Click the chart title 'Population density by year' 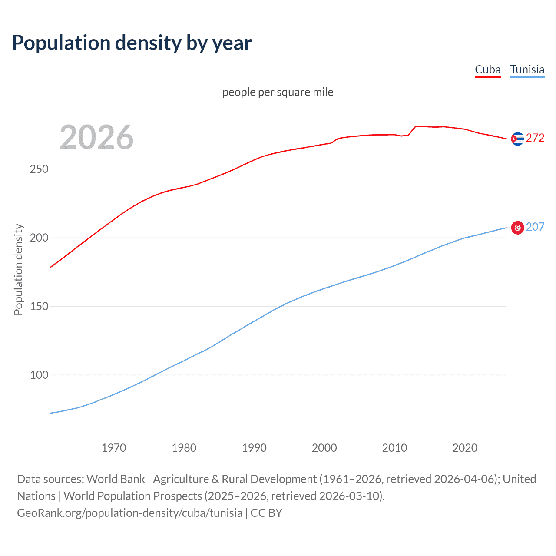point(132,43)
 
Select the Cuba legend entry point(487,69)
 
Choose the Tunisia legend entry point(527,69)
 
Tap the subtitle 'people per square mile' point(278,92)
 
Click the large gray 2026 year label point(96,137)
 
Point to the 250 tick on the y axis point(39,169)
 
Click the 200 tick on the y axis point(39,238)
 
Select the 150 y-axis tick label point(39,306)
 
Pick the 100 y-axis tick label point(39,375)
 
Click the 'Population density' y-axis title point(18,269)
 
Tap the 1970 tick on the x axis point(114,448)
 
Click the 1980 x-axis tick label point(184,448)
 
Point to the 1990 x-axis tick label point(254,448)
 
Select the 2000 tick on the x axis point(324,448)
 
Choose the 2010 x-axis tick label point(394,448)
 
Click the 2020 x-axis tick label point(465,448)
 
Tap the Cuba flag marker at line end point(517,139)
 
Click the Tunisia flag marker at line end point(517,228)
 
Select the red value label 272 point(535,138)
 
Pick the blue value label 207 point(535,227)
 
